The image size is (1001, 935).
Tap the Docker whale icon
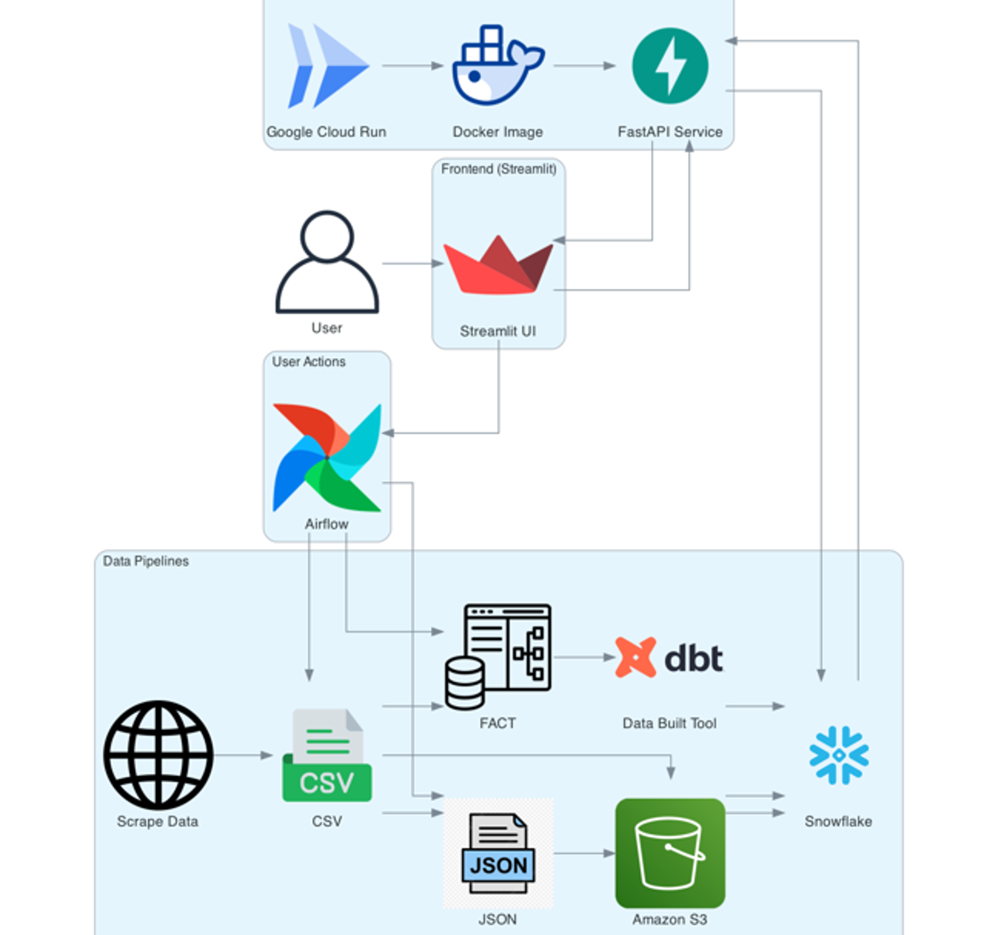click(498, 65)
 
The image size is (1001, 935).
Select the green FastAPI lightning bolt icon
click(670, 66)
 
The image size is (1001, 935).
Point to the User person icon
click(327, 262)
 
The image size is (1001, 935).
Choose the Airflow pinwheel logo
click(327, 458)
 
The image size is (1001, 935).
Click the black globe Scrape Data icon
click(158, 755)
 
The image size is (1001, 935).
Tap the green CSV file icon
click(327, 755)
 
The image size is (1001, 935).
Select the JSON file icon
click(498, 854)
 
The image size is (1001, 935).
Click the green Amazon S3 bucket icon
click(670, 853)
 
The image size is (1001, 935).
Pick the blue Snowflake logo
click(838, 755)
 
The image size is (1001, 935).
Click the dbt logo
click(669, 657)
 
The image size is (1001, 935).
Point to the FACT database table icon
click(498, 657)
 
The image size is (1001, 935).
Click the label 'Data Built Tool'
click(669, 723)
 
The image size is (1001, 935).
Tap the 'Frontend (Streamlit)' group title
click(499, 169)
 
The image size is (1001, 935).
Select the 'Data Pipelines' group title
click(146, 561)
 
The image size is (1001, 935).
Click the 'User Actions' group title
click(309, 362)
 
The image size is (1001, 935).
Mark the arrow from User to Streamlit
click(412, 263)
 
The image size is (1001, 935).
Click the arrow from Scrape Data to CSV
click(243, 755)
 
